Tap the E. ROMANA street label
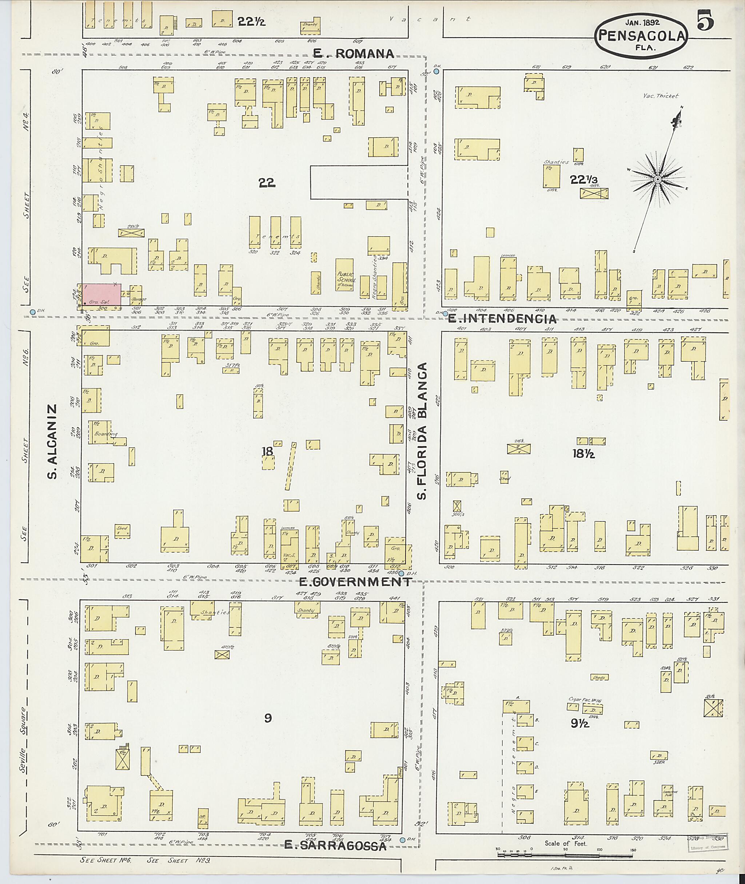(354, 53)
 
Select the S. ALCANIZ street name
(52, 441)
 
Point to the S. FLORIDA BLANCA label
(423, 431)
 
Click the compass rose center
(657, 179)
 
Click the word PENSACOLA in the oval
(641, 36)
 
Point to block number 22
(267, 183)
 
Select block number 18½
(583, 454)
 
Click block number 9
(268, 718)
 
